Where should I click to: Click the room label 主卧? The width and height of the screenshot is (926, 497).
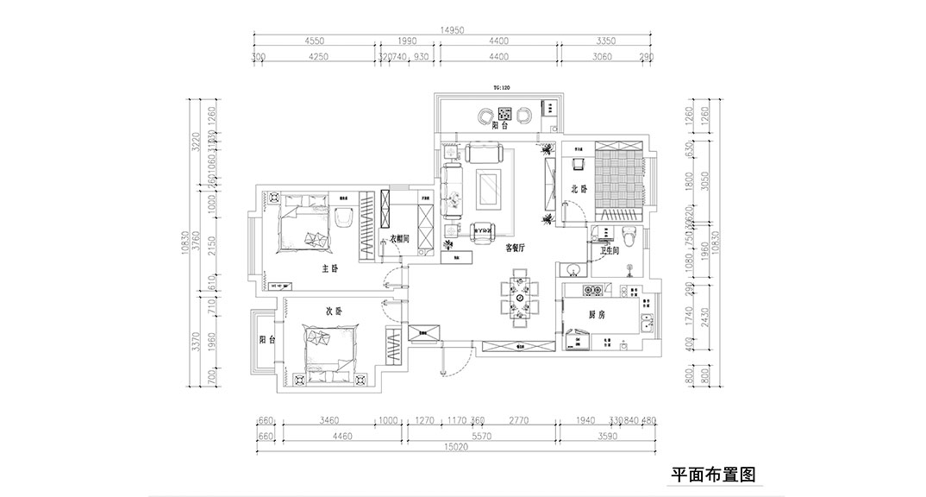[x=329, y=269]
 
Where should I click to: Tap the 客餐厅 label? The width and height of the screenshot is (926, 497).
[x=516, y=248]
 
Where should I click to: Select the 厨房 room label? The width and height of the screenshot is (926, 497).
[x=595, y=316]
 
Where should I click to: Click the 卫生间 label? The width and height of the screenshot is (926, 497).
[x=611, y=251]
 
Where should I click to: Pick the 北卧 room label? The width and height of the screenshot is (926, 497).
[x=579, y=189]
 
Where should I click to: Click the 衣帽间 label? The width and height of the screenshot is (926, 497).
[x=397, y=240]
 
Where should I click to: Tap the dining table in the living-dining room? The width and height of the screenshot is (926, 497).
[x=520, y=298]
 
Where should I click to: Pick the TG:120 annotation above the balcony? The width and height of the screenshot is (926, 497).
[x=503, y=88]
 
